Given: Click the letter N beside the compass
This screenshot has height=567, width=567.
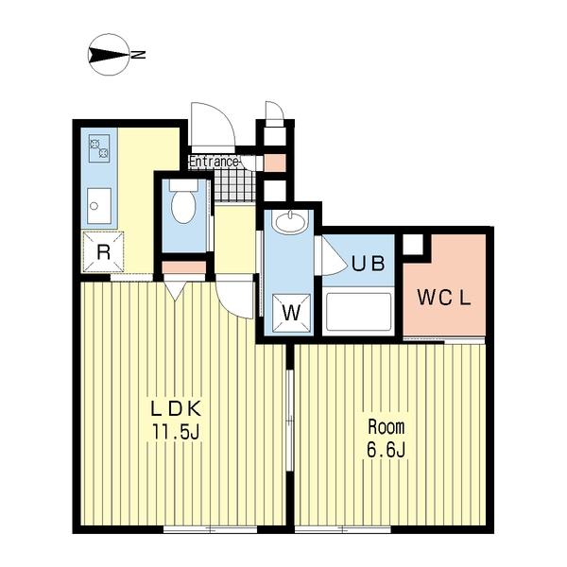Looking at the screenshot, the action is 138,55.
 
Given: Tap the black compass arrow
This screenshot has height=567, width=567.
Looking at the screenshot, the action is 109,55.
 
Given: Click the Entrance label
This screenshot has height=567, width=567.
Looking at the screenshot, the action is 214,162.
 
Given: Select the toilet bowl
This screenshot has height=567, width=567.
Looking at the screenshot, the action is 183,206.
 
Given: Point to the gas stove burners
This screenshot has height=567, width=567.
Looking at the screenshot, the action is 99,148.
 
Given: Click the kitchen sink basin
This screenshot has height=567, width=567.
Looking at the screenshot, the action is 99,206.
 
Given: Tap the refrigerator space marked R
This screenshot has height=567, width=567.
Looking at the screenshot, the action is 103,252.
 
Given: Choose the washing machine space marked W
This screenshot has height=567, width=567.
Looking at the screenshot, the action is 291,313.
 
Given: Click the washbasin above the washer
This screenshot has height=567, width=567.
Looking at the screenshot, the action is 290,221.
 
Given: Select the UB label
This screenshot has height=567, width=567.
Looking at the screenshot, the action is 369,264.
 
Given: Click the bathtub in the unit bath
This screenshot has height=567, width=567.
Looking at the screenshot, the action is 358,312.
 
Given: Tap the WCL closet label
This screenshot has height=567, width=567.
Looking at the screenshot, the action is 444,298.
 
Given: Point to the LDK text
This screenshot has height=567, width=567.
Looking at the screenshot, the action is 176,409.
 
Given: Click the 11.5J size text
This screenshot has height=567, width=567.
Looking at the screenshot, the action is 176,432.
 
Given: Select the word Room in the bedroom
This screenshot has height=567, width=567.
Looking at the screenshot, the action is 387,427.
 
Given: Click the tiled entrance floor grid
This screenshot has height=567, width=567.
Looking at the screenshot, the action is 235,185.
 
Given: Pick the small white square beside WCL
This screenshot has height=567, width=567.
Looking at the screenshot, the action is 413,244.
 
